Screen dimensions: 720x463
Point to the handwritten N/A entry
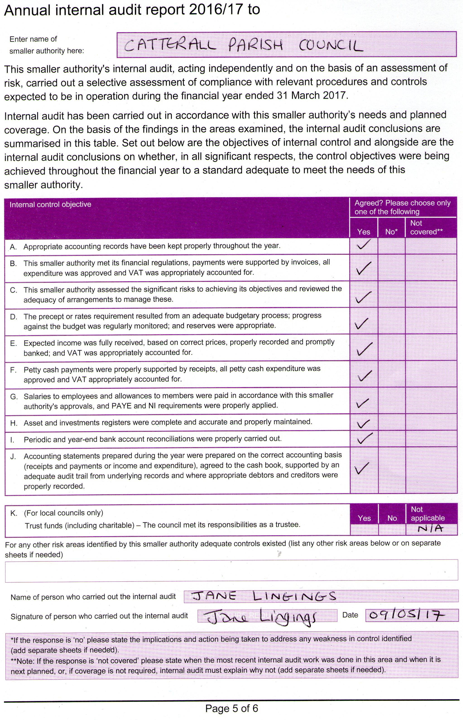pyautogui.click(x=430, y=528)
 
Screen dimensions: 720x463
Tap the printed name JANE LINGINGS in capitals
pyautogui.click(x=263, y=596)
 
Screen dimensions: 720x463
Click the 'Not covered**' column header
pyautogui.click(x=426, y=227)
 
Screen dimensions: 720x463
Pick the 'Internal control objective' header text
pyautogui.click(x=50, y=204)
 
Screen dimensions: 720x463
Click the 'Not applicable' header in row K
pyautogui.click(x=427, y=514)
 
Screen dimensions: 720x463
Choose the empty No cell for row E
pyautogui.click(x=391, y=348)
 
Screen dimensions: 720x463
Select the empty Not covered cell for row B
pyautogui.click(x=431, y=268)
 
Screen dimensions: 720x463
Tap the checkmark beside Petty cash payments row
pyautogui.click(x=364, y=375)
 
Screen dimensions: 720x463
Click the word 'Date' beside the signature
pyautogui.click(x=350, y=615)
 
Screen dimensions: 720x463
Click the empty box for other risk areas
pyautogui.click(x=231, y=570)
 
